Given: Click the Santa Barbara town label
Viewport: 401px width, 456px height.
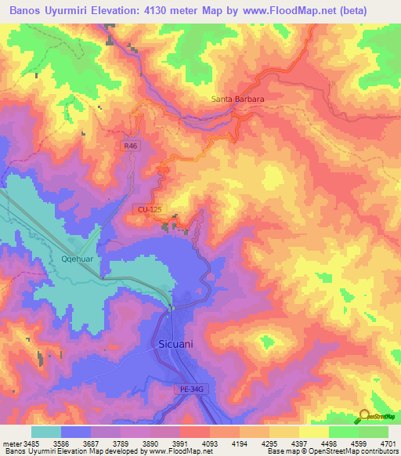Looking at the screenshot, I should pos(237,100).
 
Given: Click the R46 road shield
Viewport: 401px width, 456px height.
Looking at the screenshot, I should pos(130,146).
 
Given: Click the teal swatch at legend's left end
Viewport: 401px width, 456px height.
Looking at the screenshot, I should pos(46,432).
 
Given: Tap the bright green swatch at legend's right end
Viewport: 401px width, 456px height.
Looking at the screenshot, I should pos(374,432).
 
